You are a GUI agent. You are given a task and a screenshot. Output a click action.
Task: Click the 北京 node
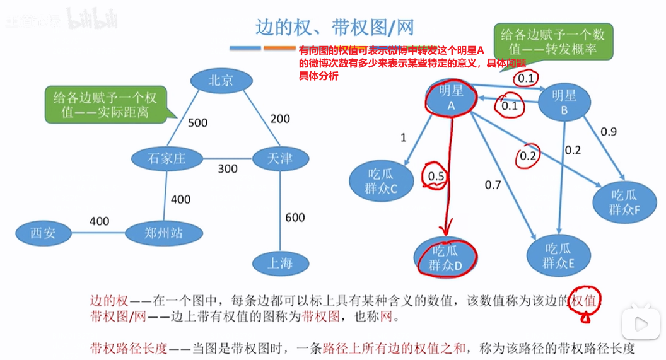[x=221, y=80]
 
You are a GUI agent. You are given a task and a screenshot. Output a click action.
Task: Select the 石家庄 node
[x=166, y=158]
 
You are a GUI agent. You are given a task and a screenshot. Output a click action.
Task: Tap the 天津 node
[x=280, y=158]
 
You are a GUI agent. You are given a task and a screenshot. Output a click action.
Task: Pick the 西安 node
[x=43, y=233]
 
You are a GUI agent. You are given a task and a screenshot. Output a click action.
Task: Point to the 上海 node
[x=280, y=263]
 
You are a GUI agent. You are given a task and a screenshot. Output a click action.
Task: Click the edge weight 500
[x=197, y=122]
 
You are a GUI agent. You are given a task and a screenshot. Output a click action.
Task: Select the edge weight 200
[x=280, y=119]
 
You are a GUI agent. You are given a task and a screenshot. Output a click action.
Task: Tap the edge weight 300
[x=228, y=169]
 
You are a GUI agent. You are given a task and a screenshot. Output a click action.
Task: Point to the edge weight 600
[x=295, y=218]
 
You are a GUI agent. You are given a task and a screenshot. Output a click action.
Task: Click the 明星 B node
[x=564, y=102]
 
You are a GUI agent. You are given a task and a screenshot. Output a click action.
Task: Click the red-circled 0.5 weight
[x=436, y=177]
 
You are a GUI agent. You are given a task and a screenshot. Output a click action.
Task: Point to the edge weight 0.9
[x=609, y=132]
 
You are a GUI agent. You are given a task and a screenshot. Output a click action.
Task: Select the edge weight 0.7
[x=493, y=185]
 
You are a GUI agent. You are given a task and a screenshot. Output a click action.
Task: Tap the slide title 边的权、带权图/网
[x=334, y=27]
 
